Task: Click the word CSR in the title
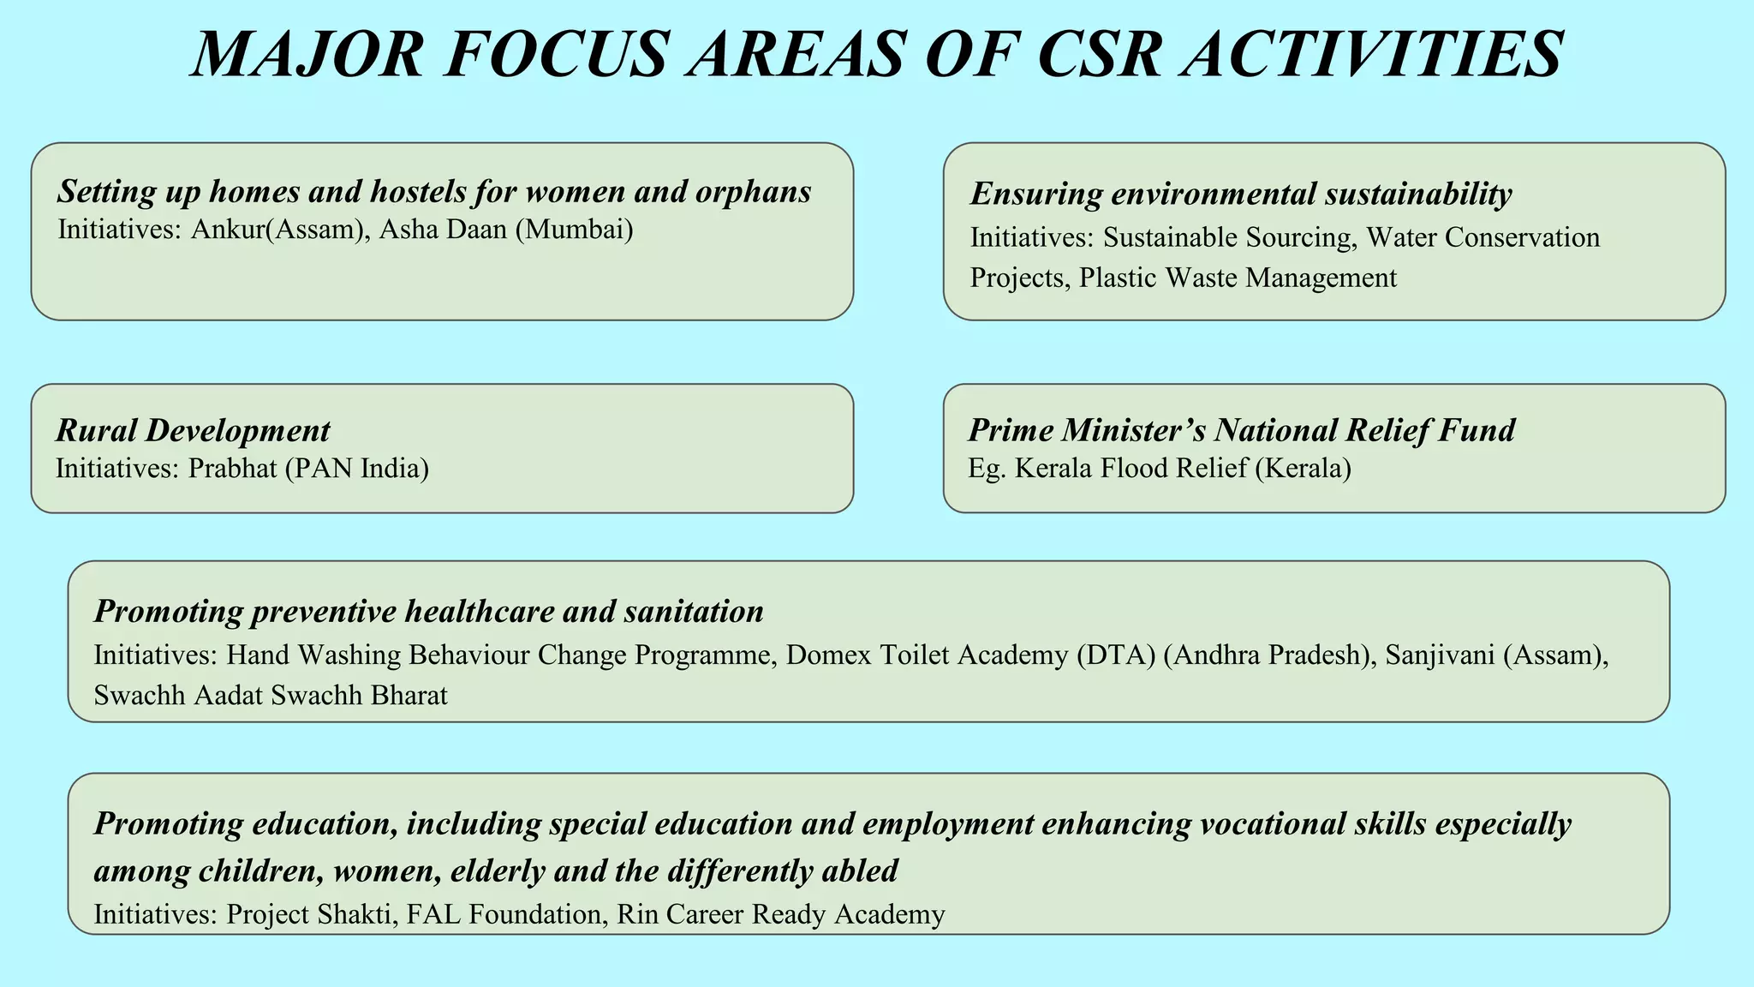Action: (1095, 55)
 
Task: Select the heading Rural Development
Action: (193, 430)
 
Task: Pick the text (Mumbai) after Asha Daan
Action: (574, 230)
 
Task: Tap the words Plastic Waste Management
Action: (1238, 278)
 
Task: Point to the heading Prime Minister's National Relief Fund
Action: (1241, 430)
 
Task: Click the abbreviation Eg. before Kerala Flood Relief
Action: (986, 469)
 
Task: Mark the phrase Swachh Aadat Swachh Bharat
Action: (271, 695)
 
